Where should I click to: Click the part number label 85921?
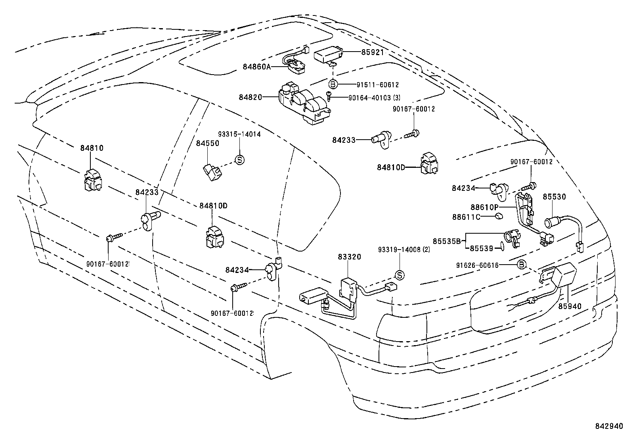point(373,52)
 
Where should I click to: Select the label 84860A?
point(256,67)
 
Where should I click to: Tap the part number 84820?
point(250,97)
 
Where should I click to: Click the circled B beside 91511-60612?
point(333,84)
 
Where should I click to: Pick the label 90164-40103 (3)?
point(375,98)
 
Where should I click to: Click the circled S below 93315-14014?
point(239,160)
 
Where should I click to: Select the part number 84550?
point(208,143)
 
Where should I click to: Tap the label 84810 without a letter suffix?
point(92,148)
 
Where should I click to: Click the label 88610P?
point(484,207)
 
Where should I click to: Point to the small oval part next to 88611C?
point(499,216)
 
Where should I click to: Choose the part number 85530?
point(555,197)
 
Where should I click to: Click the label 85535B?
point(447,241)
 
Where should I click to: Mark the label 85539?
point(482,248)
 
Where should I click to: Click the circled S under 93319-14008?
point(400,275)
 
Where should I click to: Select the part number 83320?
point(349,257)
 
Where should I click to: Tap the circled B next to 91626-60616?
point(522,265)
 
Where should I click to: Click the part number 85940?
point(570,306)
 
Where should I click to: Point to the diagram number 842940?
point(609,426)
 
